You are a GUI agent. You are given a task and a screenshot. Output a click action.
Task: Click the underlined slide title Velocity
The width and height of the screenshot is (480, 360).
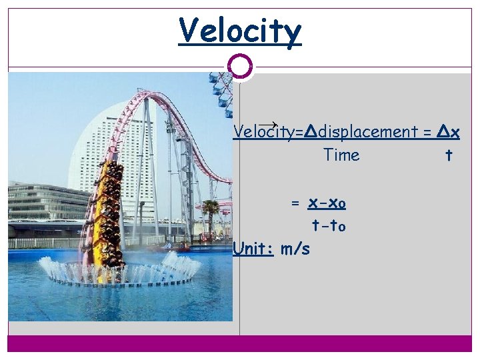point(240,31)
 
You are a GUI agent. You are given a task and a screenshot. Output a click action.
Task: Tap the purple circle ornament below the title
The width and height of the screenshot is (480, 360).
point(240,67)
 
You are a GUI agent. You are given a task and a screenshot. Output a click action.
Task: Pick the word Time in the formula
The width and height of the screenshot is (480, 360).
point(341,155)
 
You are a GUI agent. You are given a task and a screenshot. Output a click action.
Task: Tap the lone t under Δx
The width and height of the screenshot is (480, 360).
point(449,155)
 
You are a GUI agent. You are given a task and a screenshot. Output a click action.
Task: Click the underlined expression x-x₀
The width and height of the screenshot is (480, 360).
point(327,203)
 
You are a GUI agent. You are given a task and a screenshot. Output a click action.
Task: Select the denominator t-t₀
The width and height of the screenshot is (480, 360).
point(328,226)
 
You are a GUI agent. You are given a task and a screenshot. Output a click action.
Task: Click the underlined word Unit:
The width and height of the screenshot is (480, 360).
point(254,249)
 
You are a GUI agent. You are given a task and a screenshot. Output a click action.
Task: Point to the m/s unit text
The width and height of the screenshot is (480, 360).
point(295,249)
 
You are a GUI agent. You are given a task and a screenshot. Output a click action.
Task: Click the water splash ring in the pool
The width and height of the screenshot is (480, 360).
point(120,270)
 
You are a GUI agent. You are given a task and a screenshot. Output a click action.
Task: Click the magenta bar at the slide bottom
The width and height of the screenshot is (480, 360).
point(240,343)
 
